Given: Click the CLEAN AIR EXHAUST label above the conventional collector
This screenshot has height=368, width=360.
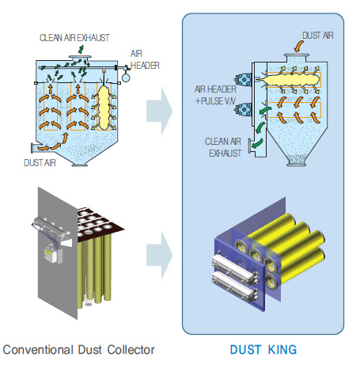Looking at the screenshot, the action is [x=74, y=38].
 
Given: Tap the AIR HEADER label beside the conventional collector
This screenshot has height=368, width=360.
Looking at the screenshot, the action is [x=145, y=59].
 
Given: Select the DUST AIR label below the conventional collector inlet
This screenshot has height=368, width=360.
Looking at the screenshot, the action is [x=40, y=163].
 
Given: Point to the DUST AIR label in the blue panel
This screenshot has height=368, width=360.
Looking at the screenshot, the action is [x=318, y=36].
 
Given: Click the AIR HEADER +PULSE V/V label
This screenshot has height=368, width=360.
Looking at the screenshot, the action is [x=215, y=95].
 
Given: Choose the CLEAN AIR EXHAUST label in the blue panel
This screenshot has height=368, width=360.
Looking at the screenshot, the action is [x=223, y=147].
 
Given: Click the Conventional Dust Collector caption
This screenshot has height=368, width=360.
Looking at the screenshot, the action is [x=78, y=350].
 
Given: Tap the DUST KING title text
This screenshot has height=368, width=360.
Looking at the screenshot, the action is [x=263, y=350].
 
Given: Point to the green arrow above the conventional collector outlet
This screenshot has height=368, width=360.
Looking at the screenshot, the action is [x=81, y=49].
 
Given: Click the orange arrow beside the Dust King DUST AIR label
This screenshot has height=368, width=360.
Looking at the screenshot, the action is [x=298, y=46].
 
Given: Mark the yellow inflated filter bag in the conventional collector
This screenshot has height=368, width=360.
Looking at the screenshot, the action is [x=104, y=108].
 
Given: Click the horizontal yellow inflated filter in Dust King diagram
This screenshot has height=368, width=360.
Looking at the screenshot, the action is [x=292, y=80].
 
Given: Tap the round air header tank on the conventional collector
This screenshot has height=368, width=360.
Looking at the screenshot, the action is [x=126, y=78].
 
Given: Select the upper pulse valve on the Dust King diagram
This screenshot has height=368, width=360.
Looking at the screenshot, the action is [x=244, y=80].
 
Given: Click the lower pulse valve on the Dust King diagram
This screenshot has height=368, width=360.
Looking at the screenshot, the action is [x=244, y=109].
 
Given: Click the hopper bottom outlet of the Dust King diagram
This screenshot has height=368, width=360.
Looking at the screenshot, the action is [x=297, y=165].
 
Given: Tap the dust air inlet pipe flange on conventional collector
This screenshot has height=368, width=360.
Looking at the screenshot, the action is [x=32, y=148].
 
